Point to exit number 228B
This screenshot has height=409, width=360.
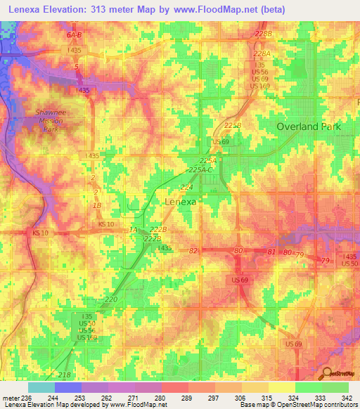click(x=264, y=34)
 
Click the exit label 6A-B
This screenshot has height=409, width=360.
click(x=75, y=34)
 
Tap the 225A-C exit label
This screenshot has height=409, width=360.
click(x=202, y=169)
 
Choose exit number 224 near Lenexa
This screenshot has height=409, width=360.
click(x=186, y=188)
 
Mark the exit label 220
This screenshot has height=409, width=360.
click(x=111, y=299)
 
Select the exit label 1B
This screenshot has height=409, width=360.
click(x=98, y=205)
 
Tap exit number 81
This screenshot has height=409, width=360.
click(x=271, y=251)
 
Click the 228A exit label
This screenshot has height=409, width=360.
click(x=262, y=53)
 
